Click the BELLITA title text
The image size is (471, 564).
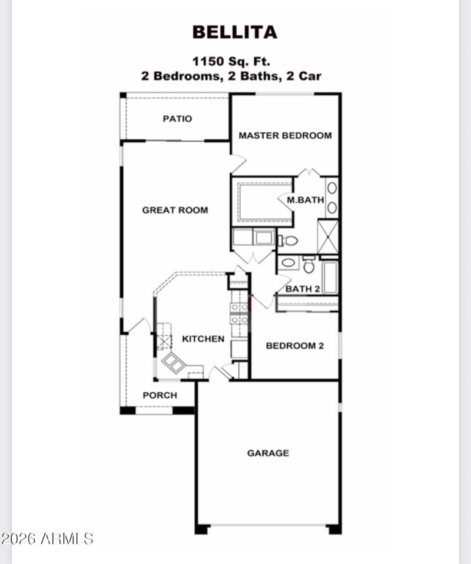point(234,32)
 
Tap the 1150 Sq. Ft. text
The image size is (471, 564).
point(231,61)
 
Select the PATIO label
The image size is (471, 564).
point(177,119)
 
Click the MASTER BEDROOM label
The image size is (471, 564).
point(285,135)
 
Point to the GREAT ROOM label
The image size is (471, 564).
point(175,210)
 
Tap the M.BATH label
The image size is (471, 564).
point(305,200)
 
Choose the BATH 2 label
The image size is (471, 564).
point(303,289)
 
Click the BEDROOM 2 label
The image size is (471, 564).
point(294,346)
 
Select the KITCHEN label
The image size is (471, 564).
point(203,339)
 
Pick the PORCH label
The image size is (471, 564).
point(160,395)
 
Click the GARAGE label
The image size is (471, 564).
point(268,453)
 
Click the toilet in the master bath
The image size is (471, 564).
point(289,240)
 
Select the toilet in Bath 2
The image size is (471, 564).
point(309,265)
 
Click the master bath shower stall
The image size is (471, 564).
point(328,236)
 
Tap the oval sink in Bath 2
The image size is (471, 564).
point(288,262)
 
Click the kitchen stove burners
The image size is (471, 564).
point(239,313)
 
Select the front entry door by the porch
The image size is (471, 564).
point(139,326)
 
